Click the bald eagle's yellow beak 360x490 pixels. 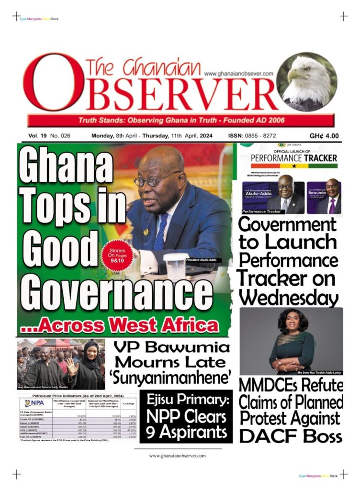(x=293, y=75)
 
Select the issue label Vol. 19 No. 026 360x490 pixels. (x=49, y=136)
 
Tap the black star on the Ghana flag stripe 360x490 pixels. (x=293, y=166)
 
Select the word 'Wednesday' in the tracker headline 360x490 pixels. (x=288, y=298)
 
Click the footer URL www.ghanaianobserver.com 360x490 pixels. (x=177, y=456)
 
